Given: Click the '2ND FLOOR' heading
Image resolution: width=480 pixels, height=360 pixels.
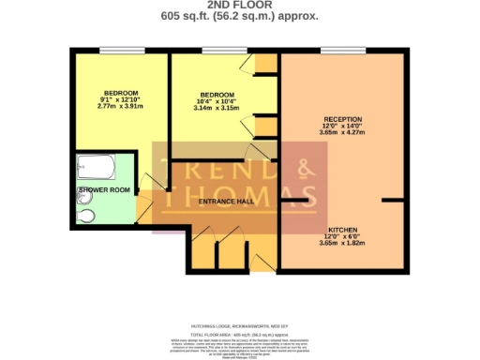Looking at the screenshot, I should [239, 5].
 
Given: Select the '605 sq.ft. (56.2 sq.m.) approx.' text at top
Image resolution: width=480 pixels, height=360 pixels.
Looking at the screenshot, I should [239, 16].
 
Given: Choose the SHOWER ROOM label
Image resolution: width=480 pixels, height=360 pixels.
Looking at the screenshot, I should [97, 189].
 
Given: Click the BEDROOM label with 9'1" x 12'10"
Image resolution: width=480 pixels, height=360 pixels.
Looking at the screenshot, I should [121, 93].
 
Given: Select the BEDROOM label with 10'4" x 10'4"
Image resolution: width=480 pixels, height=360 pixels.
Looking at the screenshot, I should [217, 95].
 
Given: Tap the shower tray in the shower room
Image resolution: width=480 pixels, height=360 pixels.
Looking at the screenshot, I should [97, 170].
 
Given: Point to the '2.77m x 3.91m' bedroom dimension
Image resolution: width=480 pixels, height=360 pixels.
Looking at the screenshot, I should [121, 106].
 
